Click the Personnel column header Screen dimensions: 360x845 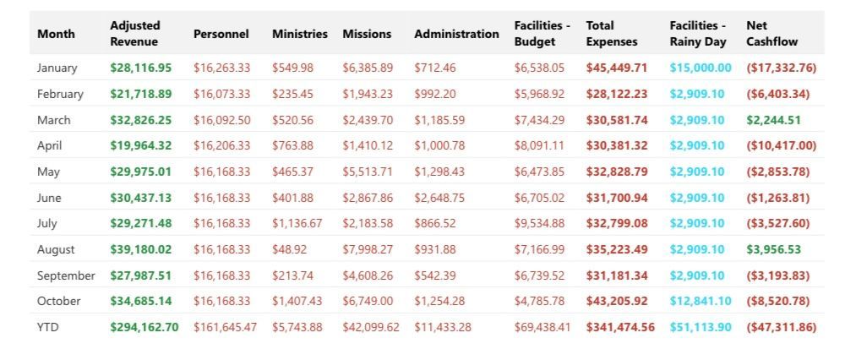221,34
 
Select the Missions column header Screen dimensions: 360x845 367,34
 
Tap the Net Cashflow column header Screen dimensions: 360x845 772,34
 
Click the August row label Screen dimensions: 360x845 56,249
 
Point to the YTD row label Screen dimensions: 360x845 49,327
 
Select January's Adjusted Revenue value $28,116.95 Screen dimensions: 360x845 140,68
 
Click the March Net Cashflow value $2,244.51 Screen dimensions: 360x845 771,120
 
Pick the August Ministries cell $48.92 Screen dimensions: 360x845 289,249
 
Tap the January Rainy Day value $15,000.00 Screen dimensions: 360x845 700,68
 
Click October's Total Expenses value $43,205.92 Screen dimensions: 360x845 617,301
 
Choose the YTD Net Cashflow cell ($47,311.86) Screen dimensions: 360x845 781,327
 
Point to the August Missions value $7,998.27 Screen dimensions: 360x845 368,249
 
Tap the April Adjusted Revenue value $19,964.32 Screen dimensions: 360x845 140,145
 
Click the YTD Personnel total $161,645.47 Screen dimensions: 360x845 225,327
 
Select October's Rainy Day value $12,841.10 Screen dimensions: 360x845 700,301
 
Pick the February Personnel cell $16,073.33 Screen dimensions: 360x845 221,94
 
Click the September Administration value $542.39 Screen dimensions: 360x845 434,275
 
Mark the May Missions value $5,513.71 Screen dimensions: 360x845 368,172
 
